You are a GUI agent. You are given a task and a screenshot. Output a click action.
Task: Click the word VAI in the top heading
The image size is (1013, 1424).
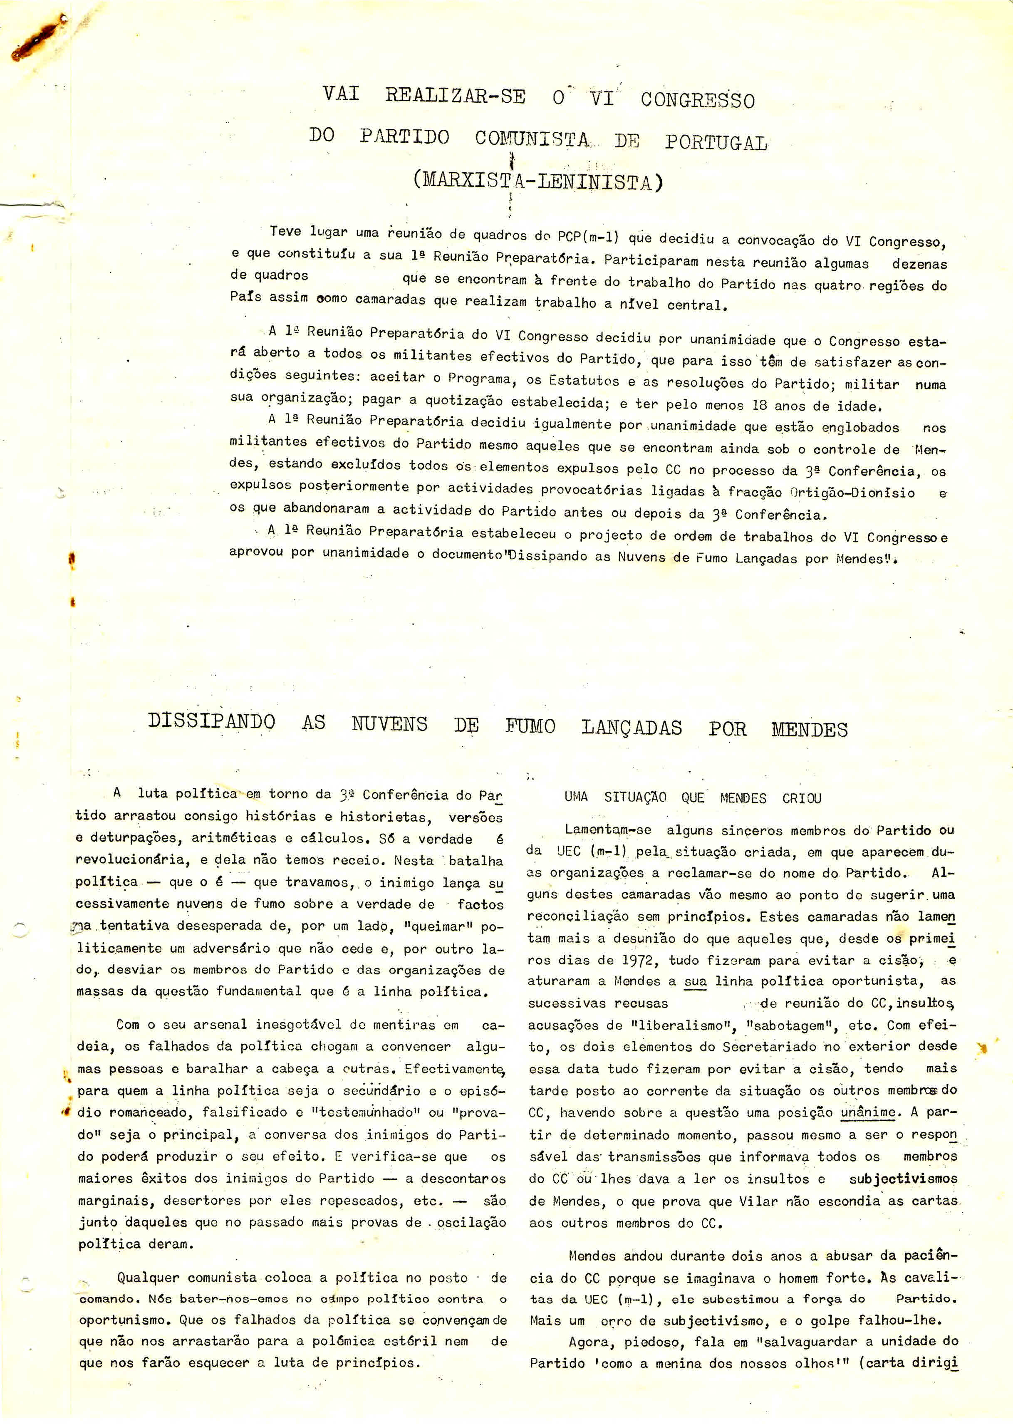pos(341,94)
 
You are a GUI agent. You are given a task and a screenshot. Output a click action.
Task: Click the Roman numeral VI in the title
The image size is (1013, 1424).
pos(602,99)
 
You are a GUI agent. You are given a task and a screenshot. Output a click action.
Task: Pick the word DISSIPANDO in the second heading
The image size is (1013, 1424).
pos(211,721)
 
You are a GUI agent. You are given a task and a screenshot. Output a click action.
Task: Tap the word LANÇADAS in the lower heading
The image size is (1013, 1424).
pos(631,727)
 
